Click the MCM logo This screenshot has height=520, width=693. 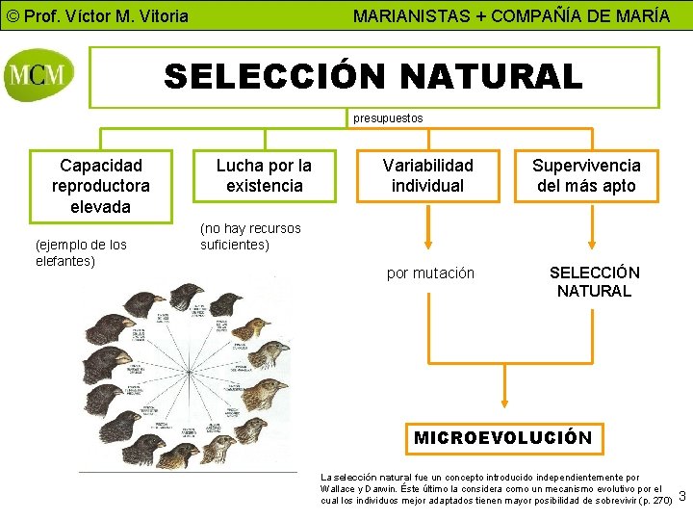(x=39, y=74)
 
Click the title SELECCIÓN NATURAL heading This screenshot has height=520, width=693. (x=373, y=76)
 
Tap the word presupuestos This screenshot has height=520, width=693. (x=388, y=118)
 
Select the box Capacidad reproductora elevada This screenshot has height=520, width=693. (x=101, y=186)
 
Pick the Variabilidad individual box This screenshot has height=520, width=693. (x=428, y=175)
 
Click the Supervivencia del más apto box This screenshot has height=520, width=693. (x=586, y=175)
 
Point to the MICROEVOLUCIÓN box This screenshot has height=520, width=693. (x=502, y=437)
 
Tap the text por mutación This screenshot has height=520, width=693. (x=430, y=273)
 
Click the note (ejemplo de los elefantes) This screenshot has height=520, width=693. (x=81, y=252)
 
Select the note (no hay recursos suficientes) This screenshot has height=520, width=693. (x=250, y=236)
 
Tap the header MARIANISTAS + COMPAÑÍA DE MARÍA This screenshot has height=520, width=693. (x=511, y=16)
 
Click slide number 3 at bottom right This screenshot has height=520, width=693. (x=682, y=497)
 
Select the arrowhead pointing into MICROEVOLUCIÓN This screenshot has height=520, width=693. (x=502, y=412)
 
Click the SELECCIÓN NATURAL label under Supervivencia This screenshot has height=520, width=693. (x=594, y=281)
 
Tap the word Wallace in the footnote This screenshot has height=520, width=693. (x=337, y=489)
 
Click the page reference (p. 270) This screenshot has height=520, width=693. (x=654, y=501)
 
